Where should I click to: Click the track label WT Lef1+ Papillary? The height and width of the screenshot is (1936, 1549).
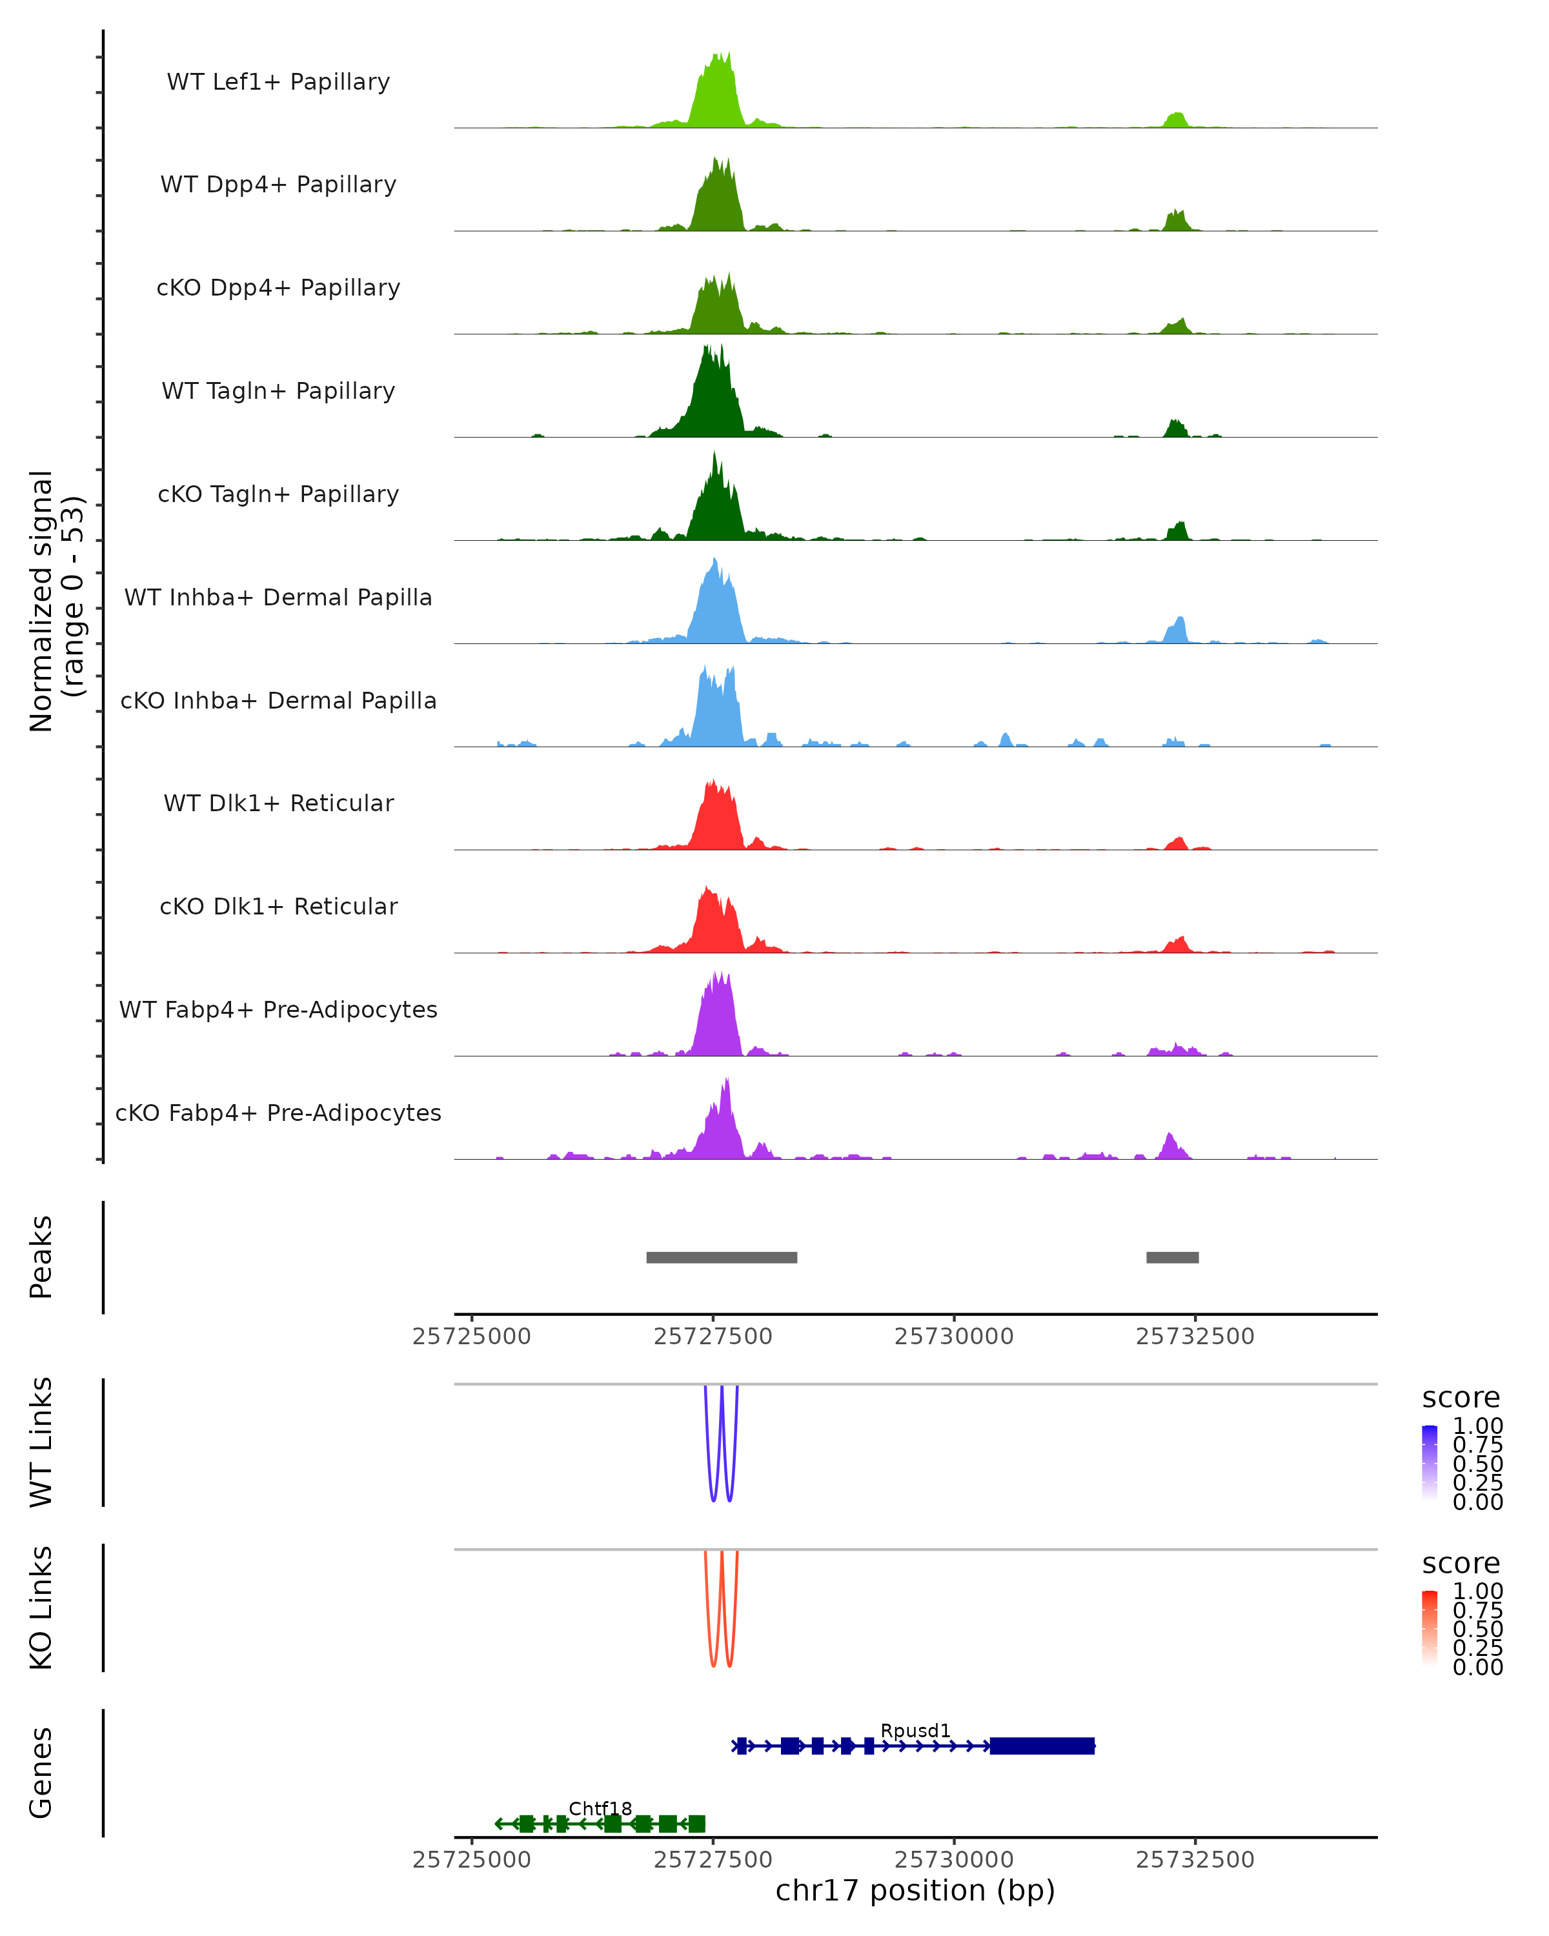pos(278,82)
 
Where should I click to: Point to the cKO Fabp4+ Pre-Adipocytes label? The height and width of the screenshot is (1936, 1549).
pos(278,1113)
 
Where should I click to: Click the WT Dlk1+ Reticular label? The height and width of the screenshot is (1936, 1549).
pos(278,803)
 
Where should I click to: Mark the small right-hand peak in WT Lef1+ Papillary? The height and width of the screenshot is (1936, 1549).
pos(1175,120)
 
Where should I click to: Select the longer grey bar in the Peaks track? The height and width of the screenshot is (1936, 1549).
pos(721,1257)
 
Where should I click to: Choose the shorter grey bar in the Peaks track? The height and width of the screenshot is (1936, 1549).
pos(1172,1257)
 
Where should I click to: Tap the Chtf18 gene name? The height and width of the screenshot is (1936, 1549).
pos(600,1808)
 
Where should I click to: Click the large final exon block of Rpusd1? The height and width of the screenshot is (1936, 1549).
pos(1042,1746)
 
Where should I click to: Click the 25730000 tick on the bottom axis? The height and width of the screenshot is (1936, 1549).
pos(954,1860)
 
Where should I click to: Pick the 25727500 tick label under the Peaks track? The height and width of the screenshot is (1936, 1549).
pos(713,1336)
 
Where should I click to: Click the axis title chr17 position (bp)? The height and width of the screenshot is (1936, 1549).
pos(915,1891)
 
